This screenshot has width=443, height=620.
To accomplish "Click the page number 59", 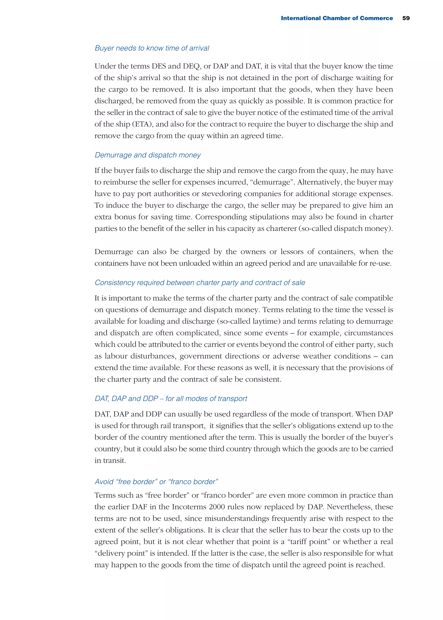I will [406, 18].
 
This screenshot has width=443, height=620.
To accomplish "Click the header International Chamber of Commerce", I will [337, 18].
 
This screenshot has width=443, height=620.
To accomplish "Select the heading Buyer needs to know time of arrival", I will [152, 48].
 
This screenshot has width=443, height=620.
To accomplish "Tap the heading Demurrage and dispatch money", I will [148, 155].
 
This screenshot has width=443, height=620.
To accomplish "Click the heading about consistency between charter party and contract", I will [200, 283].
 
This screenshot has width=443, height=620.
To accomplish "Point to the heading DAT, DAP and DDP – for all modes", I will [171, 399].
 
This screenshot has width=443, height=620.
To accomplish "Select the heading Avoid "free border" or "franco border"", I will [156, 482].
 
